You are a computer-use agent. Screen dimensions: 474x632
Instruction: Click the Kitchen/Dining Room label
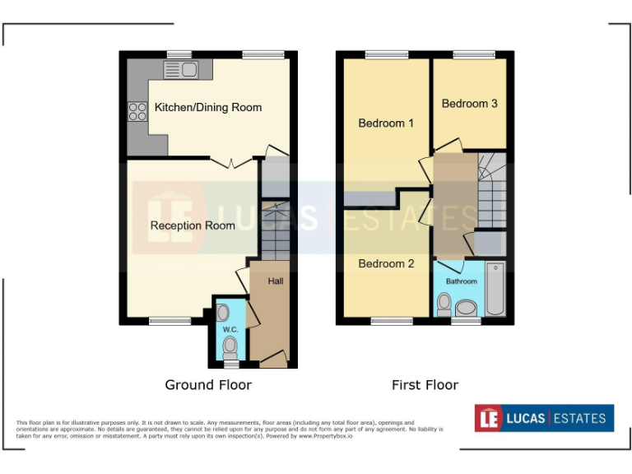point(208,107)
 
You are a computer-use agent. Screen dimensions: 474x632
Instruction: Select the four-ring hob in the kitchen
point(137,111)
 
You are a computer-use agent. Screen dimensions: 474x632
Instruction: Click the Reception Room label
point(193,225)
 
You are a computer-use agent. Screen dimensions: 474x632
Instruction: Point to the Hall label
point(275,281)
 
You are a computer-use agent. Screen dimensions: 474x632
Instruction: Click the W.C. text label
point(230,329)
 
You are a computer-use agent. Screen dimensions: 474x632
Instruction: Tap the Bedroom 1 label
point(386,123)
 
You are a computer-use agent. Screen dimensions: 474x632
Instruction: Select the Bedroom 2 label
point(386,263)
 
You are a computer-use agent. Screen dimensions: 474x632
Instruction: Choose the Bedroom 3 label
point(469,104)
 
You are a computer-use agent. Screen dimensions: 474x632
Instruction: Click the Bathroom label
point(461,281)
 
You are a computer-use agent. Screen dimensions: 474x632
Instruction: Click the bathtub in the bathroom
point(495,289)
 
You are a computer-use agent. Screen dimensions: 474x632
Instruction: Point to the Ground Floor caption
point(208,385)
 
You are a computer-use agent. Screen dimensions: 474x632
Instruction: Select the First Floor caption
point(425,385)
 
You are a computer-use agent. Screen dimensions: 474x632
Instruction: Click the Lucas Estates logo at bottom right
point(544,418)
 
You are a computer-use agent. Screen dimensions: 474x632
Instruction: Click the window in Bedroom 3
point(469,54)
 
